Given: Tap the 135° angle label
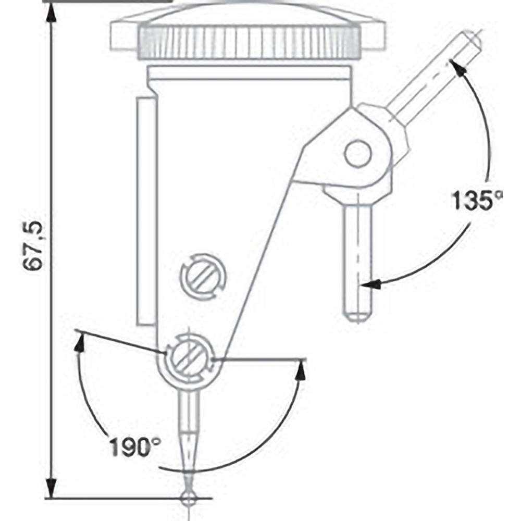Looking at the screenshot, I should [x=477, y=200].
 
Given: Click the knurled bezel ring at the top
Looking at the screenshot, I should [x=249, y=42].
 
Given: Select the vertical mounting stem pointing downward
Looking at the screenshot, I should [x=358, y=260].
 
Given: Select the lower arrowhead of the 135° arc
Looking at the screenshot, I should [x=370, y=284].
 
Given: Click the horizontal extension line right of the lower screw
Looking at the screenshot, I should [x=260, y=359].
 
